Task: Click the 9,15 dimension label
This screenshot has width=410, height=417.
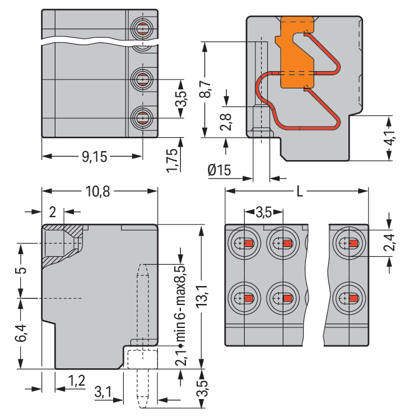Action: point(94,157)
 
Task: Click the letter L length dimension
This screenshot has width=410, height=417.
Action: point(300,192)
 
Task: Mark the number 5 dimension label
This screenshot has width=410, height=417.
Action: point(21,270)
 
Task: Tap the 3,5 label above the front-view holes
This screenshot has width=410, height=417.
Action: point(264,212)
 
